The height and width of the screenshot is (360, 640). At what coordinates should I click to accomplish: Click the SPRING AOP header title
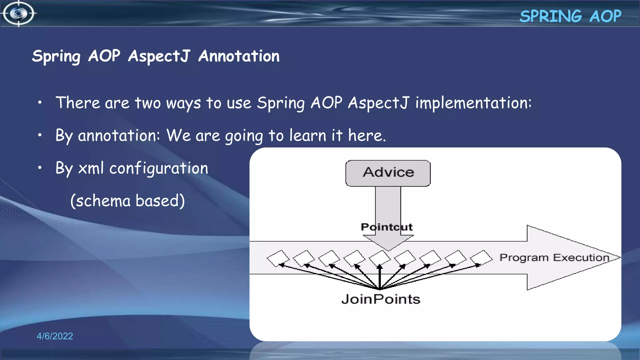pos(570,16)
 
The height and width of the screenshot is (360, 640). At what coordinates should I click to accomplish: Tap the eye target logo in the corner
pos(19,14)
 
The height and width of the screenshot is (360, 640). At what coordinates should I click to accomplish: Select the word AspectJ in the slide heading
pos(159,56)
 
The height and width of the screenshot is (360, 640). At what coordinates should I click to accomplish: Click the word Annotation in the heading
pos(239,56)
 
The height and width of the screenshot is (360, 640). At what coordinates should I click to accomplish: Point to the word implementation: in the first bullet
pos(473,103)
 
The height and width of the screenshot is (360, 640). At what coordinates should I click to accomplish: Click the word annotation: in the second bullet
pos(119,136)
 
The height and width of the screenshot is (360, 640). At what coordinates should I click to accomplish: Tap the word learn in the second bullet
pos(308,136)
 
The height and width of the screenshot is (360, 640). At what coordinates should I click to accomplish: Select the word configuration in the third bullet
pos(159,168)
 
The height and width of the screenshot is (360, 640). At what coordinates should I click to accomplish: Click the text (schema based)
pos(127,201)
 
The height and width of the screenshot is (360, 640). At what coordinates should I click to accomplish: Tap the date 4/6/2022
pos(55,336)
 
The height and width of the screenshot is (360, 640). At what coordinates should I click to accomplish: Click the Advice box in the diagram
pos(388,173)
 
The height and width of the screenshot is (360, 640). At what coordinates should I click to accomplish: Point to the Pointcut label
pos(387,227)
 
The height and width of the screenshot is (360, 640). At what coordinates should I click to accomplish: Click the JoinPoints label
pos(381,299)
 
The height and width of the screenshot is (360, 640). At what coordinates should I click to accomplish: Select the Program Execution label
pos(554,257)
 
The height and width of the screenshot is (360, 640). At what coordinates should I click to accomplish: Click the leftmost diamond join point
pos(278,258)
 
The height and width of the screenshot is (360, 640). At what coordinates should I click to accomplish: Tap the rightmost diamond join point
pos(481,258)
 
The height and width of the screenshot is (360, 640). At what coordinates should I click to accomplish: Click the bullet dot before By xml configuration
pos(40,168)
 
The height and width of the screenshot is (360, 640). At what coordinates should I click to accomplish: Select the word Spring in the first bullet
pos(281,103)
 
